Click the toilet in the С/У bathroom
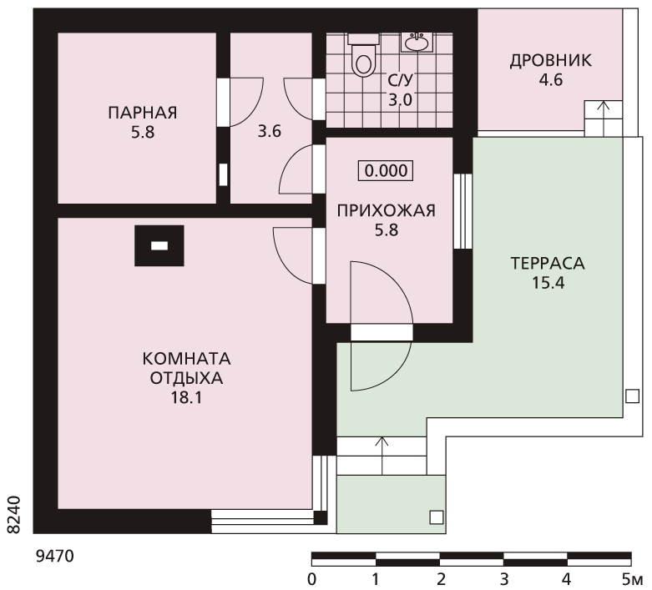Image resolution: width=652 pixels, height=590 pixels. click(363, 55)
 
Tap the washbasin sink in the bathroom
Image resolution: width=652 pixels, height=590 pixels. click(417, 43)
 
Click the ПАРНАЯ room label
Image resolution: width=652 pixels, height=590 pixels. click(143, 113)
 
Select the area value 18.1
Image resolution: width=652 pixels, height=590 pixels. click(186, 398)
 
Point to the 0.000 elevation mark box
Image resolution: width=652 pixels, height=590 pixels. click(386, 170)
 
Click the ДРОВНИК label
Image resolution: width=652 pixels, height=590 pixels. click(550, 61)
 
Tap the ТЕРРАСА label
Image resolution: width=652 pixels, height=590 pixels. click(548, 264)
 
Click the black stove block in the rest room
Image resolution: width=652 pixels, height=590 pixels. click(159, 245)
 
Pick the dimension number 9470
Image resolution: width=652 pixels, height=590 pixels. click(54, 556)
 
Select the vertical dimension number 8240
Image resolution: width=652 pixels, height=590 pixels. click(14, 514)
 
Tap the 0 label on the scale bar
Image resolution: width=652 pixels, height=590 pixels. click(311, 579)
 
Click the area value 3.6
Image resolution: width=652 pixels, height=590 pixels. click(270, 132)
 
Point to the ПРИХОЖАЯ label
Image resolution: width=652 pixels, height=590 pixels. click(387, 211)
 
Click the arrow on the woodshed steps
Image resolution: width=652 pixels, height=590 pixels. click(604, 118)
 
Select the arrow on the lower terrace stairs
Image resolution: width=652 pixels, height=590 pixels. click(382, 456)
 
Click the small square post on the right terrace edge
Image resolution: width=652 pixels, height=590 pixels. click(632, 396)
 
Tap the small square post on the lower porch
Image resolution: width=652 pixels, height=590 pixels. click(436, 517)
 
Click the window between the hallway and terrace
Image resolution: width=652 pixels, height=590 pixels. click(462, 211)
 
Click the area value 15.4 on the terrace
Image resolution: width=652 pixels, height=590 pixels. click(548, 283)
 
